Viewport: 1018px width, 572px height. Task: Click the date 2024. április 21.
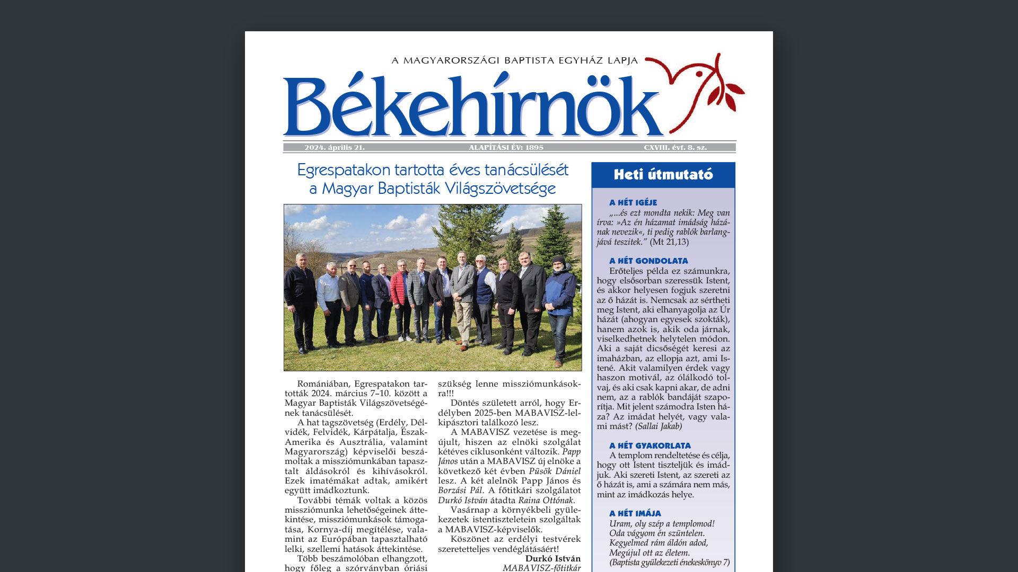[x=335, y=148]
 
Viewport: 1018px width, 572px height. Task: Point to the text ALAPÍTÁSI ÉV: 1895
[x=506, y=148]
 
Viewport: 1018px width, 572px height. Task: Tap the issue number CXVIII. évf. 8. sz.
[x=675, y=148]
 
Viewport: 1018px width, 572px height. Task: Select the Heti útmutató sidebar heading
[x=663, y=175]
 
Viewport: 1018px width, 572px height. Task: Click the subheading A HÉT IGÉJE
[x=633, y=203]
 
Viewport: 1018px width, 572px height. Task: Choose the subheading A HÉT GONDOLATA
[x=648, y=261]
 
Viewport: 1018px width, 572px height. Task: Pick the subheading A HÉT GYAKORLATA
[x=650, y=446]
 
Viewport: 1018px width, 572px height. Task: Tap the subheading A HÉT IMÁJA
[x=635, y=514]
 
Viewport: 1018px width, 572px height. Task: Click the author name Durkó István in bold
[x=552, y=559]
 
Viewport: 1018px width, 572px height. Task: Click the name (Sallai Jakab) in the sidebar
[x=659, y=426]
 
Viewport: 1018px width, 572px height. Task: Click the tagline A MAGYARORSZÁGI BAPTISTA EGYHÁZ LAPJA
[x=514, y=61]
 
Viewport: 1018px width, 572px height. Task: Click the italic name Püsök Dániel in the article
[x=555, y=471]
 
